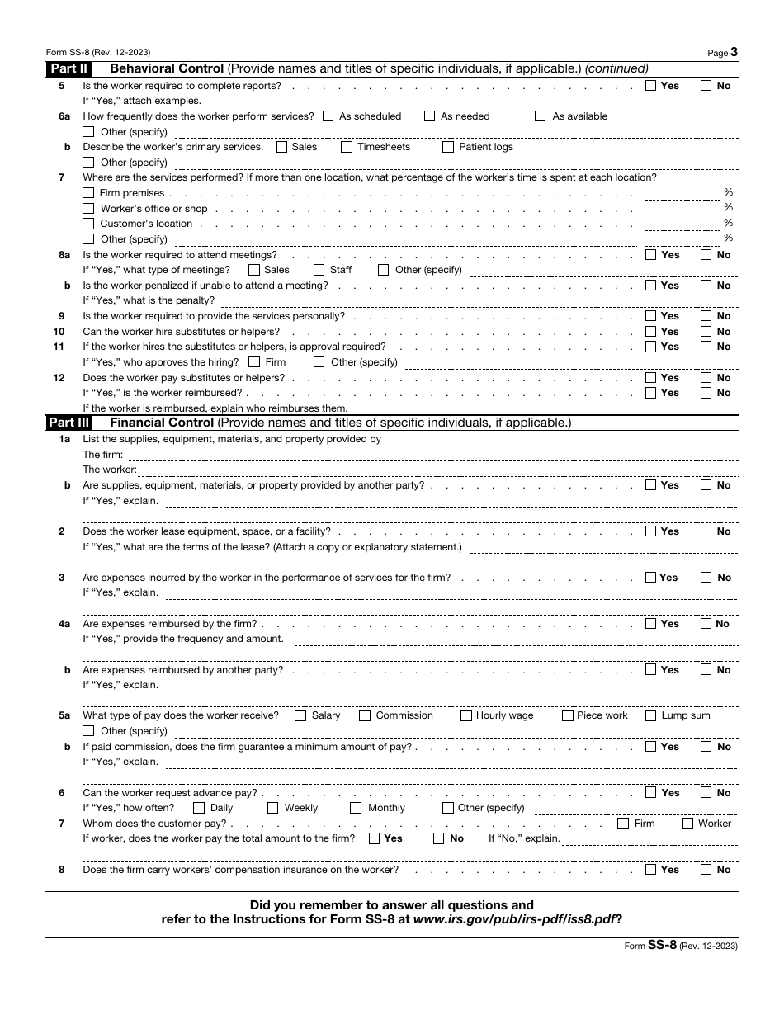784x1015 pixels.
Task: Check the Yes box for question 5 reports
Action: [651, 85]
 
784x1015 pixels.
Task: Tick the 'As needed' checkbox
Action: [430, 116]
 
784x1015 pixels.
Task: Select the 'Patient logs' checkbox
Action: [448, 147]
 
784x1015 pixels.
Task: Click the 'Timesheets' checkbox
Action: [347, 147]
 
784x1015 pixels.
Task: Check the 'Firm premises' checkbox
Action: [88, 193]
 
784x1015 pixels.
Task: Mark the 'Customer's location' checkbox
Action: [88, 224]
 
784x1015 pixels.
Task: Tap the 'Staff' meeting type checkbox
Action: [319, 270]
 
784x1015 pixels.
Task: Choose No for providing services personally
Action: [706, 316]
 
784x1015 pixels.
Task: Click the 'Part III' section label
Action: [68, 423]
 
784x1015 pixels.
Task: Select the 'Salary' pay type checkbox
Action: [300, 715]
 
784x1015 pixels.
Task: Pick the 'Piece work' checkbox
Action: [568, 715]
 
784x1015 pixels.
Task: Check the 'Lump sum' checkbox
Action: [651, 715]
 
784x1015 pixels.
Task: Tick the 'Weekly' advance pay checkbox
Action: [273, 808]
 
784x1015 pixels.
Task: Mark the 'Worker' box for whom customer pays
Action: [687, 824]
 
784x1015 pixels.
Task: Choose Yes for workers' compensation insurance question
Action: [651, 869]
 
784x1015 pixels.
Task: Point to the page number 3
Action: [734, 52]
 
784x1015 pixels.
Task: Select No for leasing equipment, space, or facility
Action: [706, 531]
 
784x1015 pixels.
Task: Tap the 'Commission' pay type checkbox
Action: [365, 715]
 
